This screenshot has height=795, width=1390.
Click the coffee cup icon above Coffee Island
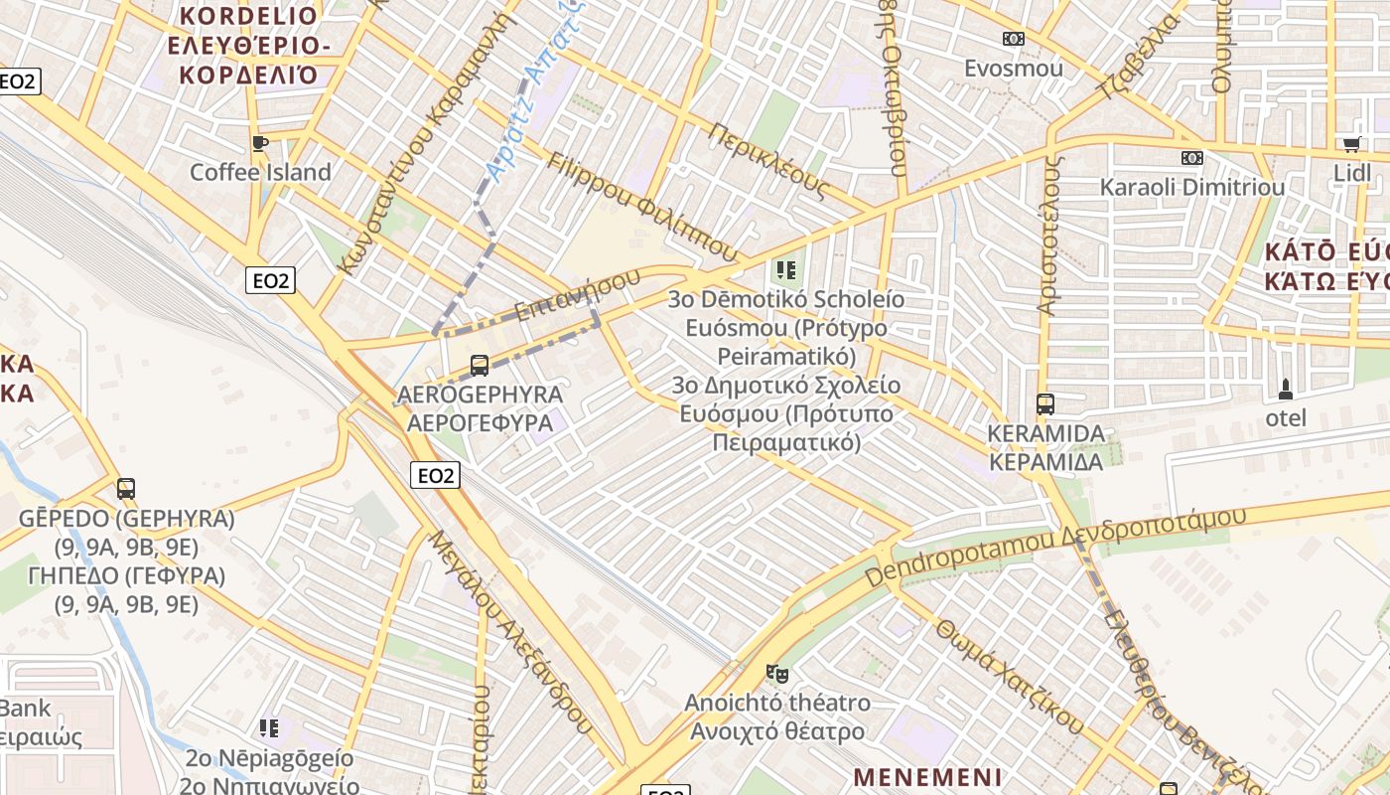pos(260,143)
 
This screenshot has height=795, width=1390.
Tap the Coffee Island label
pos(260,172)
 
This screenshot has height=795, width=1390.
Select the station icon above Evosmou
pos(1013,39)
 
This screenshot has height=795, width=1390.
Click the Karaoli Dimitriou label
pos(1191,187)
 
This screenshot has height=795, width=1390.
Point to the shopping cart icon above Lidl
pos(1351,145)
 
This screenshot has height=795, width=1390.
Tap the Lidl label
pos(1351,173)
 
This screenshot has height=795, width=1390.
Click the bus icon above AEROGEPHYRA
pos(480,365)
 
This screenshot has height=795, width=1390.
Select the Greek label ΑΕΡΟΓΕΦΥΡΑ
pos(480,422)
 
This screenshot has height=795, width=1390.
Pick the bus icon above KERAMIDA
pos(1044,404)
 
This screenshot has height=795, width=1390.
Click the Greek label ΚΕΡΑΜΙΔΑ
pos(1045,462)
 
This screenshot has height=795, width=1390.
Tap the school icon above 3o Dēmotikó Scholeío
pos(786,269)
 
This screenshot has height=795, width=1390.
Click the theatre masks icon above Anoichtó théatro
pos(776,674)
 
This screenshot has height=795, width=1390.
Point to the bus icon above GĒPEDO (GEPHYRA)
pos(126,489)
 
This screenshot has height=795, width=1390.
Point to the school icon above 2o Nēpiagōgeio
pos(268,729)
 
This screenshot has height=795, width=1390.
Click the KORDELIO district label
pos(248,16)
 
